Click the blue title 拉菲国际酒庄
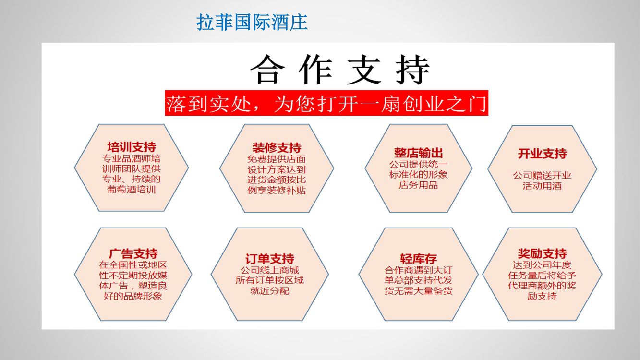click(x=252, y=22)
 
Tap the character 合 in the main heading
click(x=267, y=70)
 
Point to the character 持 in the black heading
click(x=412, y=70)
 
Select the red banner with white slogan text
click(x=326, y=103)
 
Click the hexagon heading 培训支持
click(x=132, y=147)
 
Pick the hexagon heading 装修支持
click(x=277, y=148)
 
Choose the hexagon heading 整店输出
click(x=418, y=153)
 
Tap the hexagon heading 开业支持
click(x=542, y=154)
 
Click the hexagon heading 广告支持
click(x=133, y=253)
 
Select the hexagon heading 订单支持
click(x=270, y=259)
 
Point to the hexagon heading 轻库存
click(x=418, y=259)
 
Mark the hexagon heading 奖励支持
click(x=542, y=253)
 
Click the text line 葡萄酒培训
click(x=132, y=190)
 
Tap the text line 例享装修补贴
click(x=277, y=190)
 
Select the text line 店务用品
click(x=418, y=185)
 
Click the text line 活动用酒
click(x=542, y=186)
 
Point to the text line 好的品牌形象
click(x=133, y=296)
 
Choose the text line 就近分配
click(x=270, y=291)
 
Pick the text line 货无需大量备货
click(x=418, y=291)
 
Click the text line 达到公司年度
click(x=542, y=265)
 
